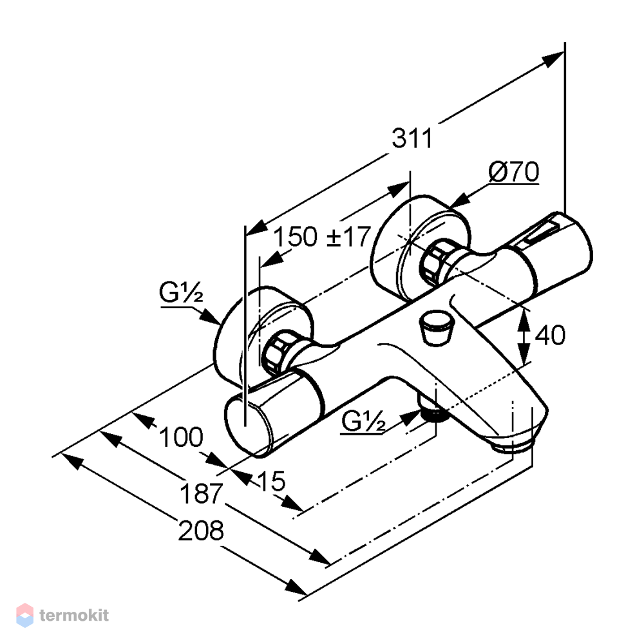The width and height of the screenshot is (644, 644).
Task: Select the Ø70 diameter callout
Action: coord(514,172)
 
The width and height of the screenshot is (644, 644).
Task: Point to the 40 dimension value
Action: coord(550,335)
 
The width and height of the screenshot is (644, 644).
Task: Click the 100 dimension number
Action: coord(181,437)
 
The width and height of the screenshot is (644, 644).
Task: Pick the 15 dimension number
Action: coord(272,480)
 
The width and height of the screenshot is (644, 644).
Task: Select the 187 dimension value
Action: coord(201,493)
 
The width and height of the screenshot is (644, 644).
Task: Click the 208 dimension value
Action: coord(201,530)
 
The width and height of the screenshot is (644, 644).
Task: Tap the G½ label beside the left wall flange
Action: coord(181,293)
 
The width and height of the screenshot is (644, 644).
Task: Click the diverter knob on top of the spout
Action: coord(436,328)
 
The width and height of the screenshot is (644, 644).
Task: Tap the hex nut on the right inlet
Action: coord(433,261)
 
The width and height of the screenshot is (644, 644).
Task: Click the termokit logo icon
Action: coord(24,615)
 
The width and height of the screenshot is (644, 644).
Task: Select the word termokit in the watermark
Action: coord(74,615)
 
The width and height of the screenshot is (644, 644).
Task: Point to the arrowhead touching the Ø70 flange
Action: coord(460,200)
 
